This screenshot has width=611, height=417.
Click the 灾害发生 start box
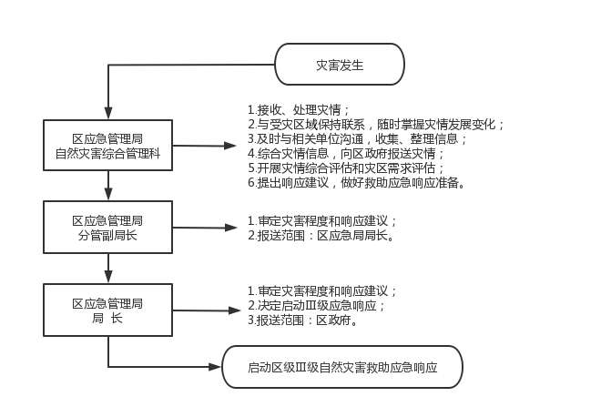339,66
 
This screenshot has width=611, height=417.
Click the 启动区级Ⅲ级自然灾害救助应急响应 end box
342,369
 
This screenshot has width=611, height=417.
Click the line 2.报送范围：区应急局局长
320,236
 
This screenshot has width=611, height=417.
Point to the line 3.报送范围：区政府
301,320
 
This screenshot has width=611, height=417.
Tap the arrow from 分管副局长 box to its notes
204,228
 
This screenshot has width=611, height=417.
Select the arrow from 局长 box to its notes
204,311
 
